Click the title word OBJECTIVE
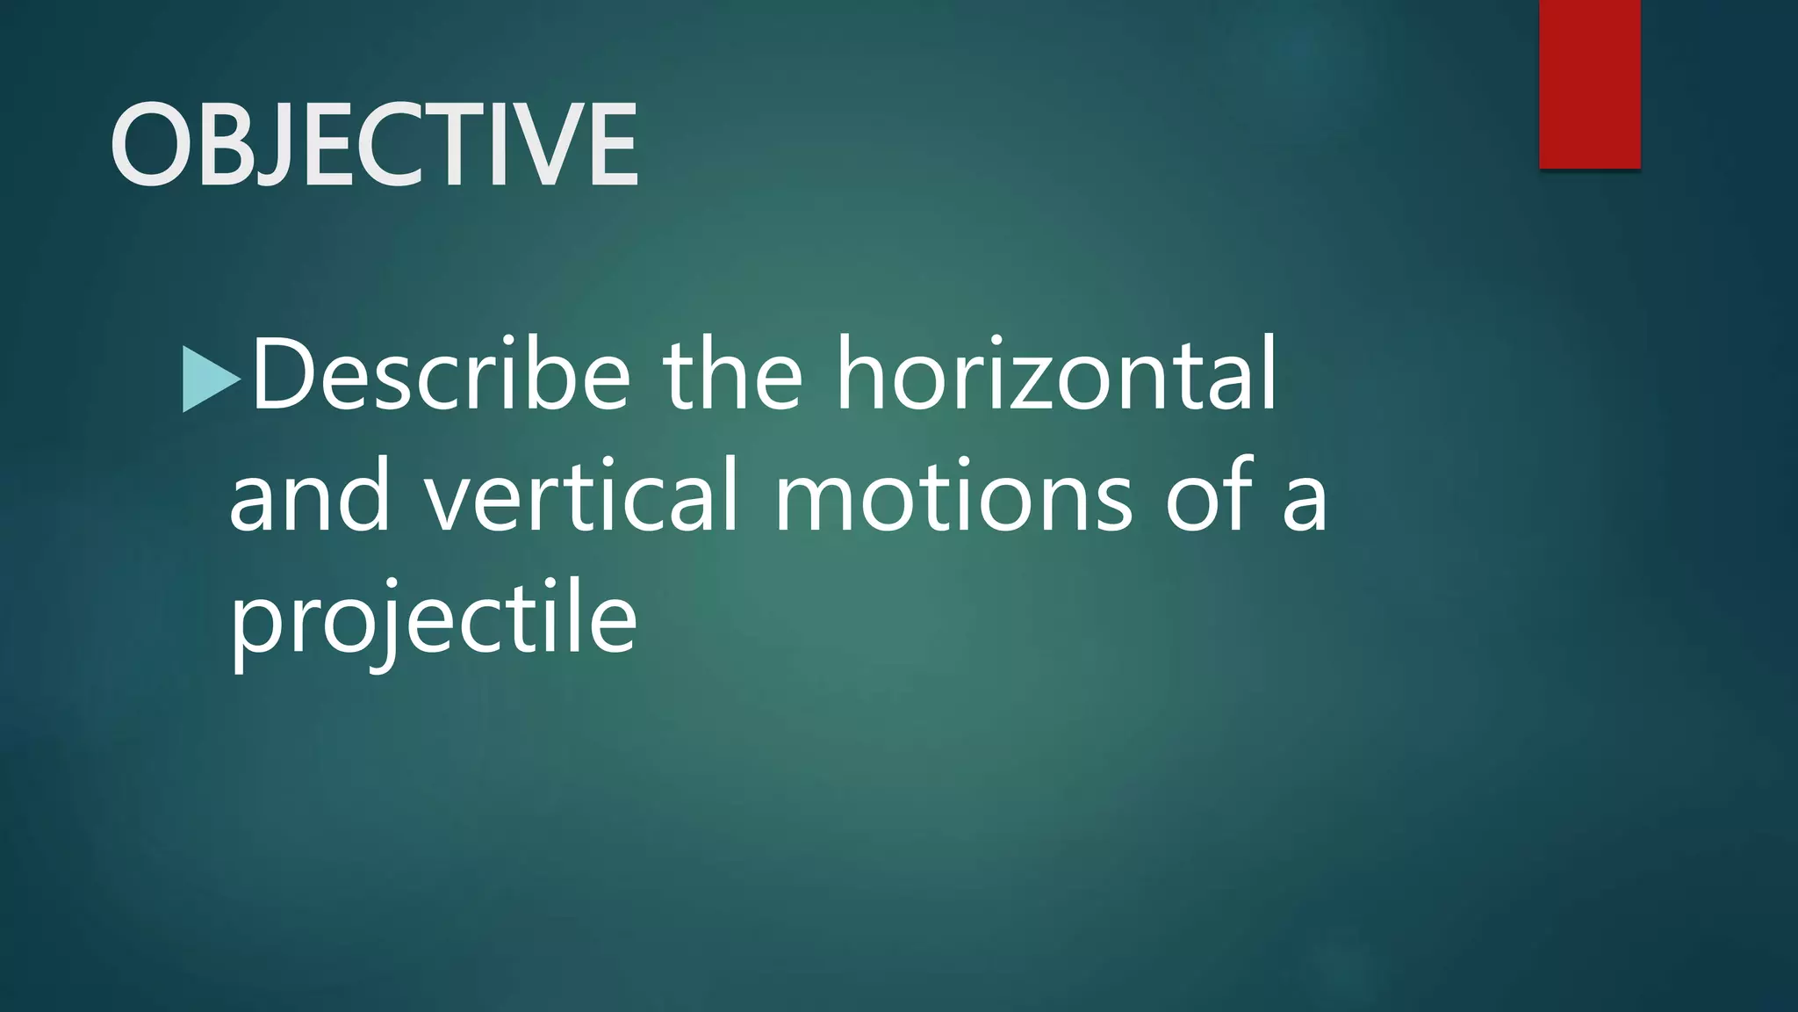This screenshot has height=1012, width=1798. click(374, 144)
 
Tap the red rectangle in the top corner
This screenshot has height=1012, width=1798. click(1589, 83)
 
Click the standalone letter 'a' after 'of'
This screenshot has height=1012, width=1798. click(1305, 505)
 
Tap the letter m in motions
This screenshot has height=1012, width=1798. click(820, 505)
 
